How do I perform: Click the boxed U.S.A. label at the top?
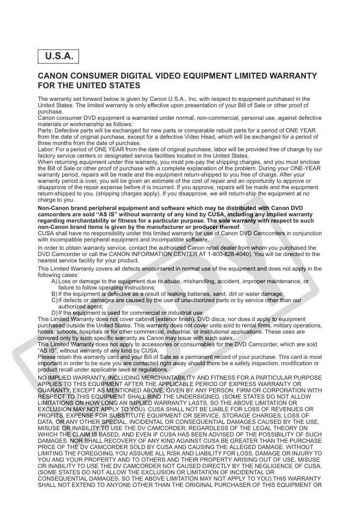click(59, 57)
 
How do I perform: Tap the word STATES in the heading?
click(124, 86)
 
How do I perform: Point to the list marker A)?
click(54, 281)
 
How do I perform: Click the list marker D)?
click(54, 313)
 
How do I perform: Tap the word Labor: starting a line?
click(46, 149)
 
